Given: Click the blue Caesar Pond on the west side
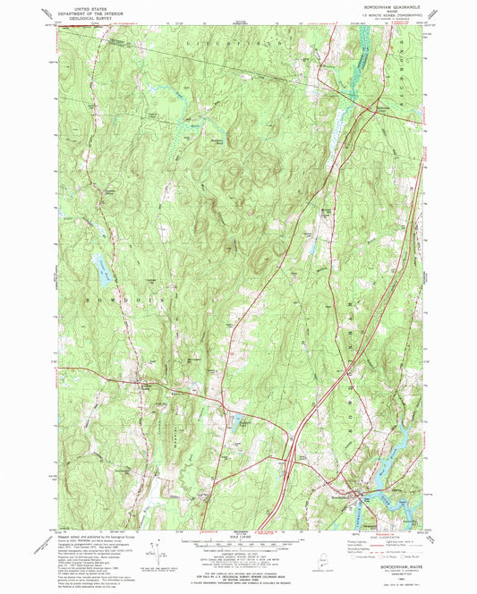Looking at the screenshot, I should click(x=100, y=263).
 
